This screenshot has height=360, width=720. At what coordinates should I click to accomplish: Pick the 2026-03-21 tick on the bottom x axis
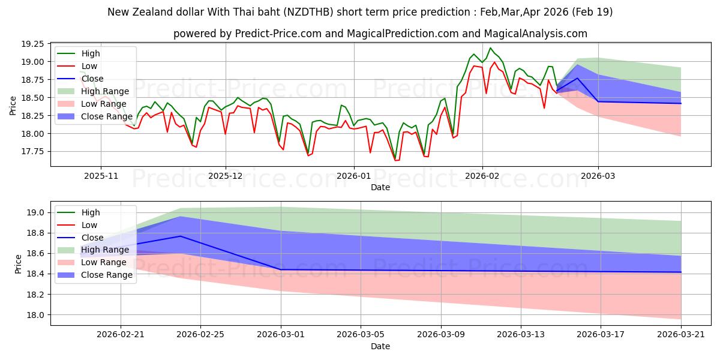(681, 335)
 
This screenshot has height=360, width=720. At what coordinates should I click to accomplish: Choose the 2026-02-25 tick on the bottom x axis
(200, 335)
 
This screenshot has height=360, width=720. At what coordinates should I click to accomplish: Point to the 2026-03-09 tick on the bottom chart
(441, 335)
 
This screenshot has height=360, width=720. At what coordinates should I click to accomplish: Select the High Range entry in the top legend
(105, 91)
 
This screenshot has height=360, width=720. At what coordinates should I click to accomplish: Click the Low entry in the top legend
(89, 66)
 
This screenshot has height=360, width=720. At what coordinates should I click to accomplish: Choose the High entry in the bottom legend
(91, 212)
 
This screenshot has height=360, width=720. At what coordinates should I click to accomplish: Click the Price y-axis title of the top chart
(13, 105)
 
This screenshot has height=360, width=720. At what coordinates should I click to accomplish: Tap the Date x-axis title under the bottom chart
(380, 346)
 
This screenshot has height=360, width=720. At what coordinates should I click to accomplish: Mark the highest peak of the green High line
(490, 48)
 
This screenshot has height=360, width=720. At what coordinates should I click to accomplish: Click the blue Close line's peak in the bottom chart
(181, 236)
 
